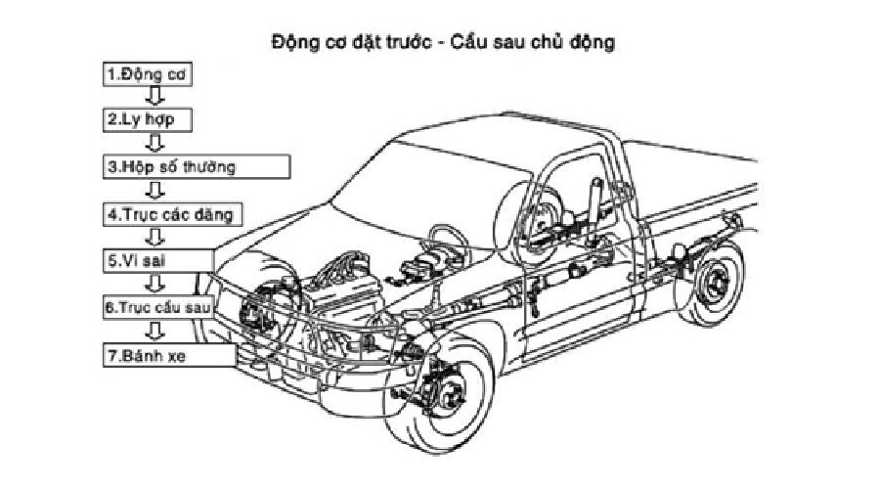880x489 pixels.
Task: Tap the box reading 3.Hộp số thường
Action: pyautogui.click(x=197, y=165)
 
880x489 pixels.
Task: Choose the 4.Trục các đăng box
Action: pyautogui.click(x=172, y=212)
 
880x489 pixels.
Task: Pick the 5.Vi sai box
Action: pyautogui.click(x=157, y=260)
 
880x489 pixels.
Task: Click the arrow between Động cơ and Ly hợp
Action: pyautogui.click(x=153, y=96)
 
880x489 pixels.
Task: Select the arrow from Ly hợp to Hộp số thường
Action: pyautogui.click(x=153, y=143)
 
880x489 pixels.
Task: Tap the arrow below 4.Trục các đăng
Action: pyautogui.click(x=153, y=236)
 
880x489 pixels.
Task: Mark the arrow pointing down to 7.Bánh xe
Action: pyautogui.click(x=153, y=331)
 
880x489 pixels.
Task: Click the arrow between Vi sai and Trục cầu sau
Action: pyautogui.click(x=153, y=284)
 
